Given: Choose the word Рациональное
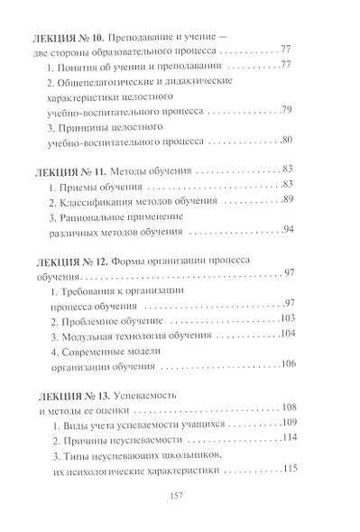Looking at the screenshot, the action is click(x=97, y=216).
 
